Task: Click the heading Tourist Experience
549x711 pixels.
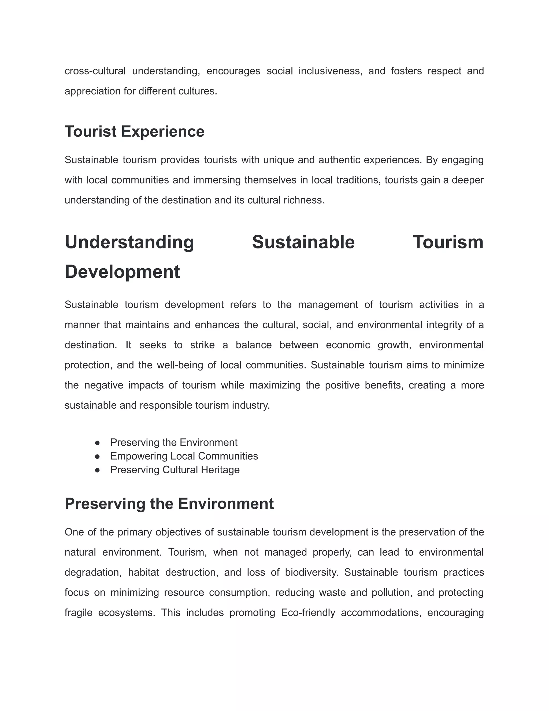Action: click(134, 131)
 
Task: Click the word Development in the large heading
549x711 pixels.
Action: click(122, 272)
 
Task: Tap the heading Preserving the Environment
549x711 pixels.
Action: click(169, 504)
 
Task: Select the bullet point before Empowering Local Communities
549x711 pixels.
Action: click(97, 456)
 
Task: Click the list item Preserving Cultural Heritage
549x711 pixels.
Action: click(175, 470)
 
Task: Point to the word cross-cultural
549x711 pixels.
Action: click(95, 71)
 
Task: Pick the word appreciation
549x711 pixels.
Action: click(92, 91)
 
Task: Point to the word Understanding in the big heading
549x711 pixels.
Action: click(129, 243)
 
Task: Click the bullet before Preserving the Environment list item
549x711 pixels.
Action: click(97, 443)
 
